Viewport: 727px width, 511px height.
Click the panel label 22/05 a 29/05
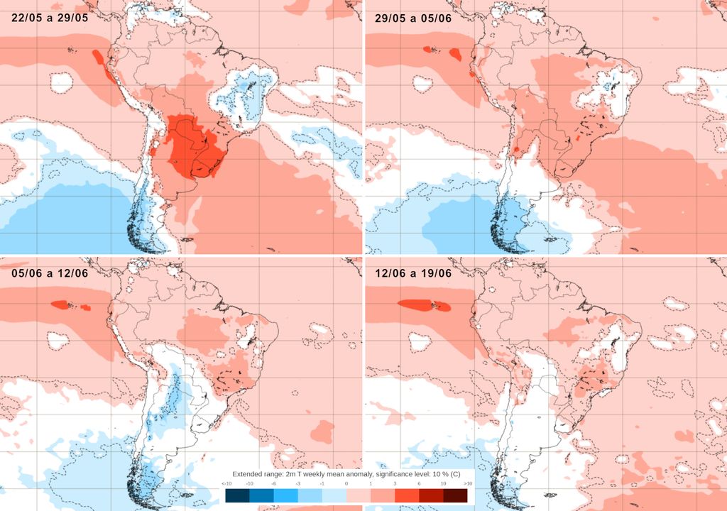pos(49,18)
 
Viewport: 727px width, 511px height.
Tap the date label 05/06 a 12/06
pos(49,273)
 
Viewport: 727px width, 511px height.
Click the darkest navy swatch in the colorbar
pos(237,495)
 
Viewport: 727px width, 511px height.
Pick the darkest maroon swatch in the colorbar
pos(455,495)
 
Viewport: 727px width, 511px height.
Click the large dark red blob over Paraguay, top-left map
pos(192,145)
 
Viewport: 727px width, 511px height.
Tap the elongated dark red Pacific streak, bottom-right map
pos(424,305)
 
